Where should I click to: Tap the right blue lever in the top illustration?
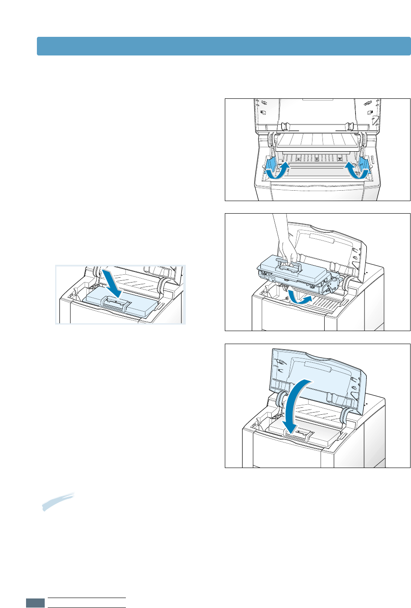coord(363,165)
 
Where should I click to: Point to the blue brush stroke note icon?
coord(58,501)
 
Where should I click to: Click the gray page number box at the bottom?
coord(35,603)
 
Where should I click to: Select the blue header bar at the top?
coord(224,46)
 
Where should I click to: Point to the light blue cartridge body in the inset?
coord(139,306)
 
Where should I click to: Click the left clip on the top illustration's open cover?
coord(285,127)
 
